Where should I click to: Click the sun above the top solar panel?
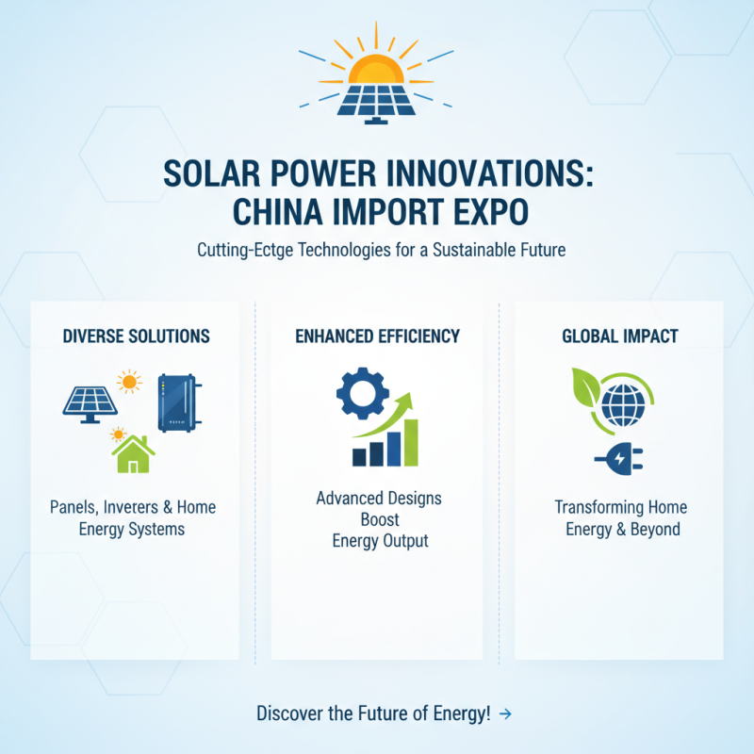377,68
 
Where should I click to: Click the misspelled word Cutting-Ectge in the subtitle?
244,252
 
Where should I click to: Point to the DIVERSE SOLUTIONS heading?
136,336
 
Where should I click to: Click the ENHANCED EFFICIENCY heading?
377,336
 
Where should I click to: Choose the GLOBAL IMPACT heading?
619,336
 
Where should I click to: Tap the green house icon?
134,454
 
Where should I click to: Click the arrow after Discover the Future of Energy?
506,713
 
